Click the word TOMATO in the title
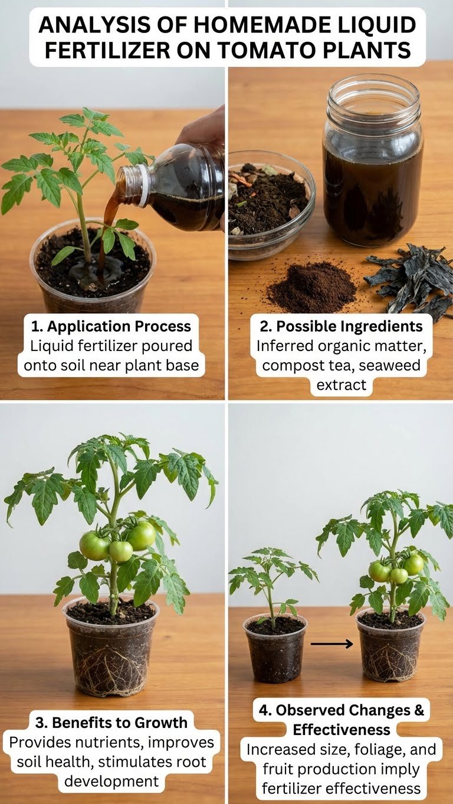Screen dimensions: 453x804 268,49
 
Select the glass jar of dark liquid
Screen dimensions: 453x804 373,160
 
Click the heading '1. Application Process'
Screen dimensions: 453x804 111,326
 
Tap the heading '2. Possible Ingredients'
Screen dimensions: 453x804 341,326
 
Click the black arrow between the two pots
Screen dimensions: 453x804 331,644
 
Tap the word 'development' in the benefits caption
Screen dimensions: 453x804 111,782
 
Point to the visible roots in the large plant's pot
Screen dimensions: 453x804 111,669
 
